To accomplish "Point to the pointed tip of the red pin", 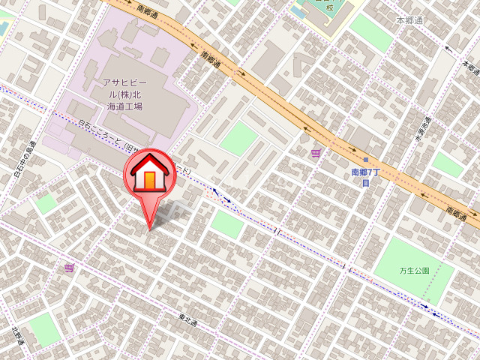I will click(x=151, y=228).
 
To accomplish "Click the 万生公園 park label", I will click(x=414, y=271).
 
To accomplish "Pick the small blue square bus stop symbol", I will click(x=366, y=160).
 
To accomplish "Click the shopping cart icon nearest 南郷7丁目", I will click(x=316, y=154).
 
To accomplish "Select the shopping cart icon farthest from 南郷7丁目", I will click(x=69, y=268).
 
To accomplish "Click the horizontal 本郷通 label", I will click(x=409, y=20).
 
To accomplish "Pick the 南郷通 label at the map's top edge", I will click(x=148, y=10).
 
